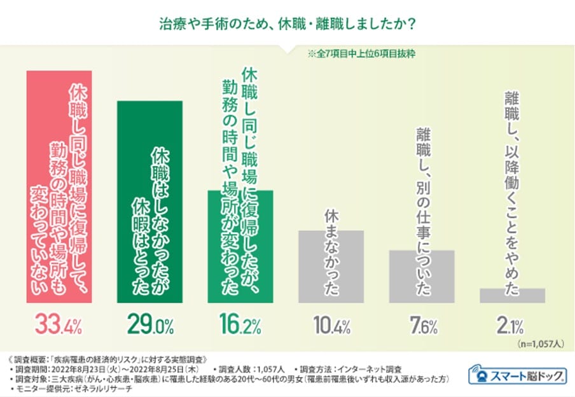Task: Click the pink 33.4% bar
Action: point(59,187)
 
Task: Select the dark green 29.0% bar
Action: point(149,202)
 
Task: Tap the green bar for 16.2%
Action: point(240,247)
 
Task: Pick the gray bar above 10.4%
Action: point(331,267)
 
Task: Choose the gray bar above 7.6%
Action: point(422,277)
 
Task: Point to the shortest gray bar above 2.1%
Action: point(512,296)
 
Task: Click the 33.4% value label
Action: point(59,324)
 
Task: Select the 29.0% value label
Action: point(150,324)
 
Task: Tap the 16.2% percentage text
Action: point(240,324)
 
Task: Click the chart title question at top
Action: point(287,25)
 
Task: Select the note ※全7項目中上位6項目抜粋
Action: point(361,54)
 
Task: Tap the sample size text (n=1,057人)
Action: point(541,344)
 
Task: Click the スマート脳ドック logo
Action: point(517,375)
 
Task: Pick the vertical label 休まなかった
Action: point(331,253)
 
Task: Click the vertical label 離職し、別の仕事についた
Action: point(423,211)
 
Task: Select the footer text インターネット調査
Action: point(370,369)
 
